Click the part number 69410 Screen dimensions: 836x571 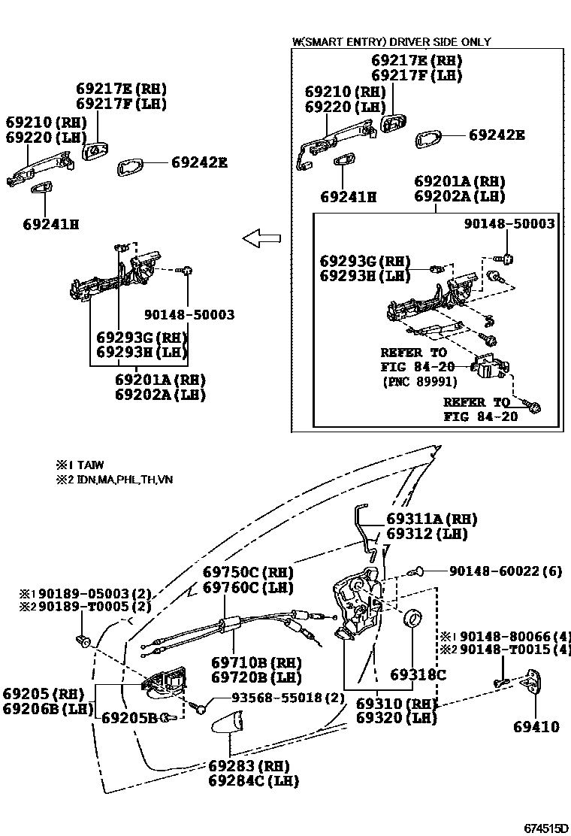pyautogui.click(x=536, y=727)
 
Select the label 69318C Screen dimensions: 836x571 pyautogui.click(x=418, y=674)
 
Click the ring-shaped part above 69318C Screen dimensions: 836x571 pyautogui.click(x=413, y=620)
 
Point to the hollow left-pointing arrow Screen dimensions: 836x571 pyautogui.click(x=261, y=239)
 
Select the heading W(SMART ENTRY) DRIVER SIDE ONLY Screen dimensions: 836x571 pyautogui.click(x=391, y=42)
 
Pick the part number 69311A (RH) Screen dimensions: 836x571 pyautogui.click(x=432, y=519)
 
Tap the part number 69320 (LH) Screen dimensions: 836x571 pyautogui.click(x=396, y=718)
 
